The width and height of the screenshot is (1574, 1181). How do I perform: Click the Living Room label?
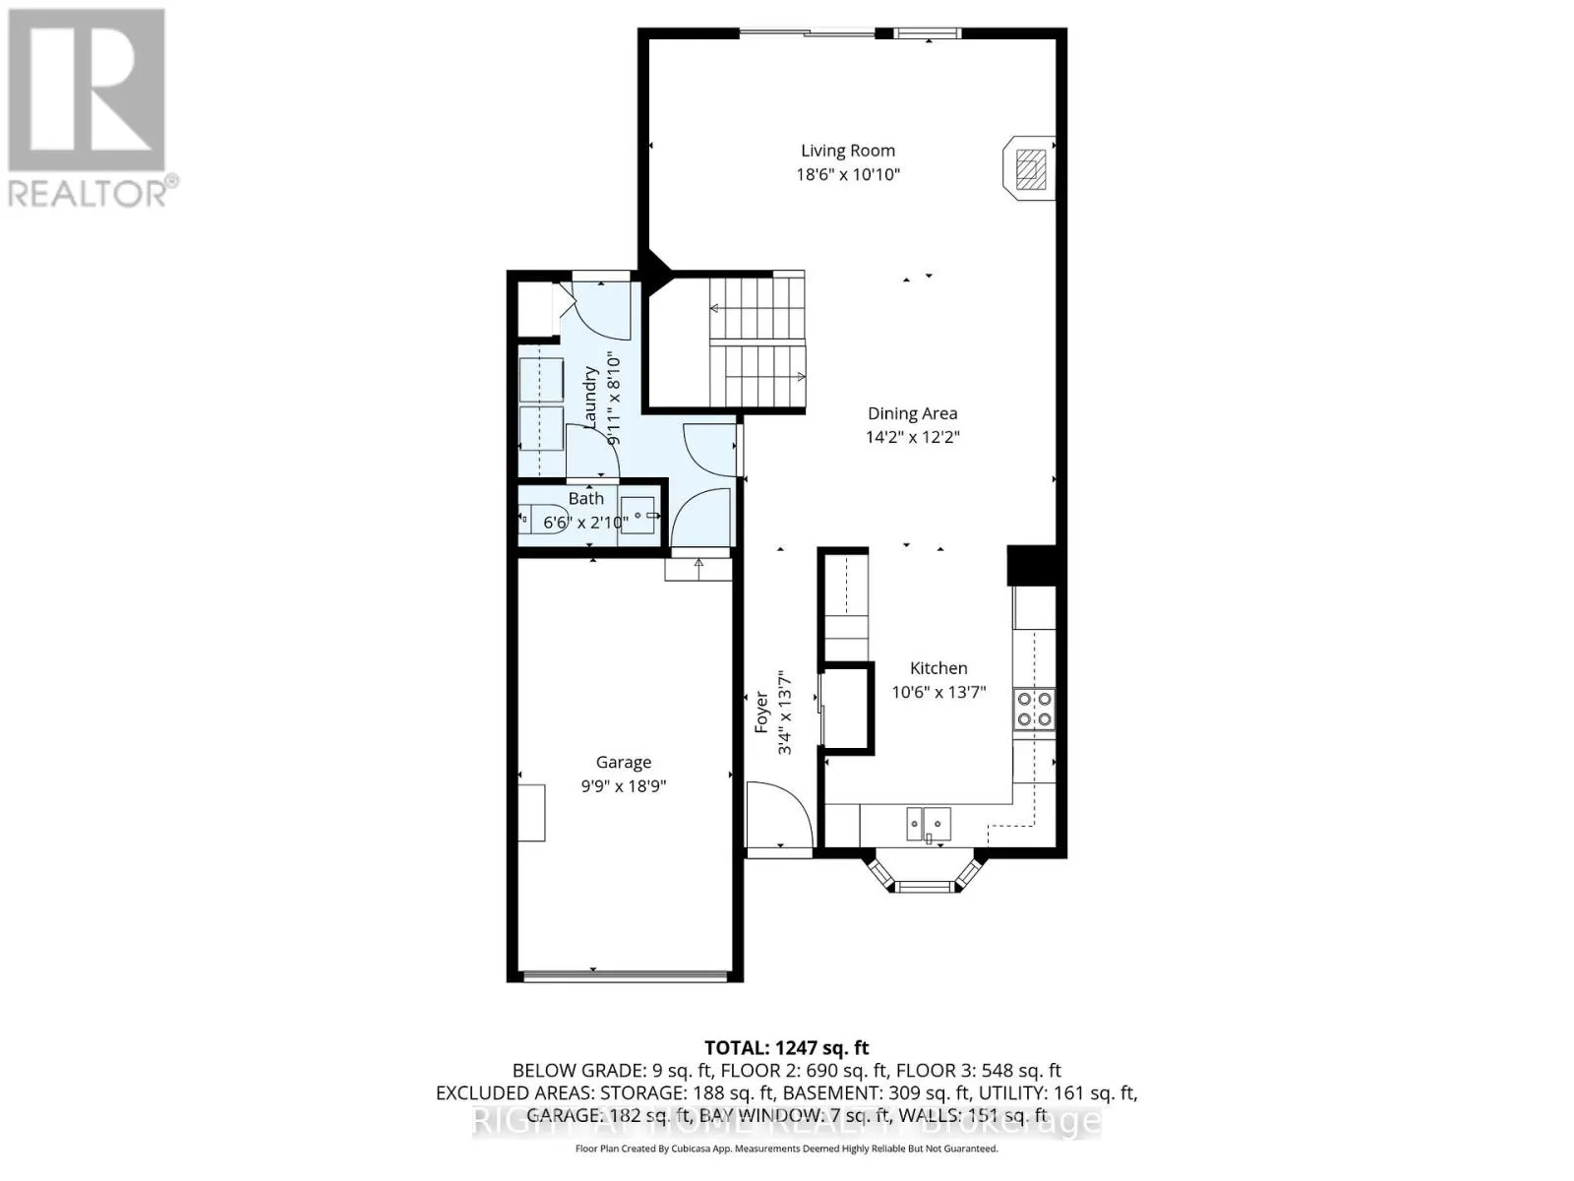point(847,151)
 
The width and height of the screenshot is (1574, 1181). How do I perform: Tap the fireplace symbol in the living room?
point(1029,168)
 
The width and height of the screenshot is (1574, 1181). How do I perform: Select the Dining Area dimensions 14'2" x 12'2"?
point(912,437)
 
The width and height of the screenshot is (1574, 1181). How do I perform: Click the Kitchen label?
point(938,668)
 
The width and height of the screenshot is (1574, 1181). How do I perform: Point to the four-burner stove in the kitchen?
point(1034,709)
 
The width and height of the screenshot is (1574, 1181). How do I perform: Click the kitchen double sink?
point(929,822)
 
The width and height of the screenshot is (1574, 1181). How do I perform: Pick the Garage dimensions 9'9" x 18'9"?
point(623,786)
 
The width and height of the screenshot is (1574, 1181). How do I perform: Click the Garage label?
point(623,762)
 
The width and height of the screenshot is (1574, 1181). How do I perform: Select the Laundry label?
point(591,398)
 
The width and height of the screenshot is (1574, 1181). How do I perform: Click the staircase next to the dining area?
point(757,342)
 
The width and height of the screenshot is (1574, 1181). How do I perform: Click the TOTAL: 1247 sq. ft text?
point(786,1048)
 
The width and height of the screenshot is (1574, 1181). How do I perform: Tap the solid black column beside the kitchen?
point(1031,566)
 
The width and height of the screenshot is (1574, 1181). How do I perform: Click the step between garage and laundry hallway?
point(698,569)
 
